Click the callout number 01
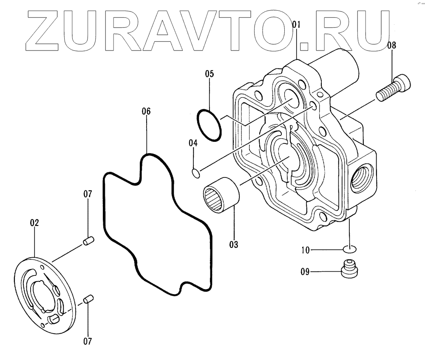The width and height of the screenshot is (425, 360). [296, 25]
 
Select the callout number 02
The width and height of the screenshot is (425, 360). [34, 222]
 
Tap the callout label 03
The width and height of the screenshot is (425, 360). [233, 245]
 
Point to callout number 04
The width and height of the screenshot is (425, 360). [193, 143]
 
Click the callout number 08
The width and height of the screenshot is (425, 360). [391, 45]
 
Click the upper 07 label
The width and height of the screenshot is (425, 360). [88, 194]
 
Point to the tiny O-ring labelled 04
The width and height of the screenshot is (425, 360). [196, 172]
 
